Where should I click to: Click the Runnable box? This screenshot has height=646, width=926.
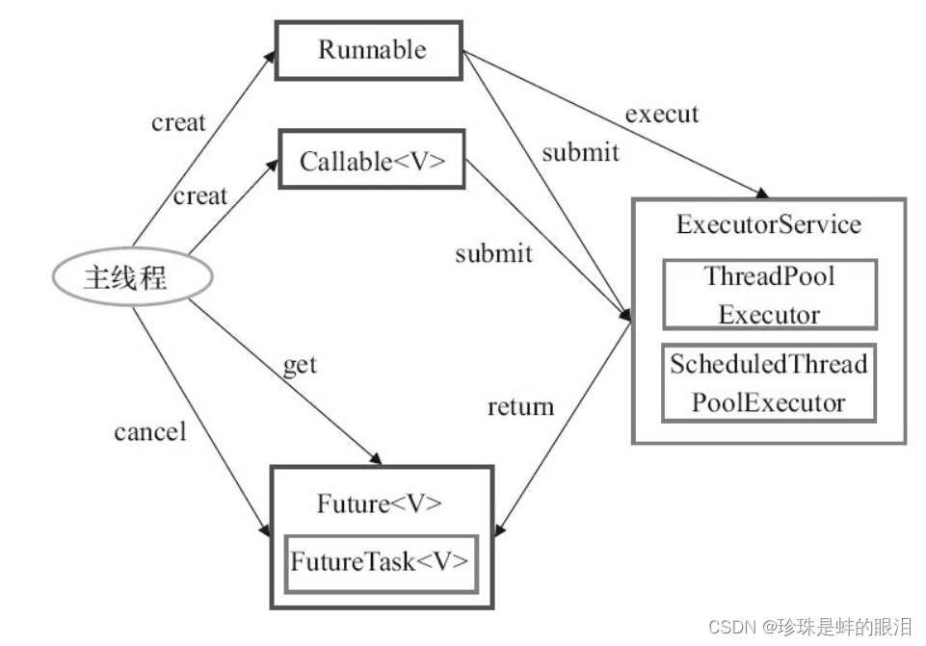[x=371, y=50]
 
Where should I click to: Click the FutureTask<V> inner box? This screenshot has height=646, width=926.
[x=383, y=562]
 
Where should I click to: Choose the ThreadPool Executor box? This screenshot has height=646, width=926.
[x=769, y=295]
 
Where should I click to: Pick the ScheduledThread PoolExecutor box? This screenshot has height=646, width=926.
[x=769, y=383]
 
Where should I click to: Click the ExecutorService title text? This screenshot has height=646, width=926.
[x=769, y=225]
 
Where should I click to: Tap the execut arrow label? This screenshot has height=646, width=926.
[x=662, y=114]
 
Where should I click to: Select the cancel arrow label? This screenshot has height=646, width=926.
[x=149, y=431]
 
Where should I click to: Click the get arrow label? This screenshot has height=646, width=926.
[x=299, y=365]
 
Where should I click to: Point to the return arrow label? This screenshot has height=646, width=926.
[x=520, y=406]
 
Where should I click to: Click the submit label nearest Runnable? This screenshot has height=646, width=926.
[x=580, y=152]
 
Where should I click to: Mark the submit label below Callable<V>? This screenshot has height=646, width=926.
[x=493, y=253]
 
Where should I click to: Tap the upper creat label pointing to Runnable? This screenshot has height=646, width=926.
[x=178, y=122]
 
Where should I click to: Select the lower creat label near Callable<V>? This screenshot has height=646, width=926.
[x=200, y=196]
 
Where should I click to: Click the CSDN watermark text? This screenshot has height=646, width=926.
[x=809, y=627]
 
